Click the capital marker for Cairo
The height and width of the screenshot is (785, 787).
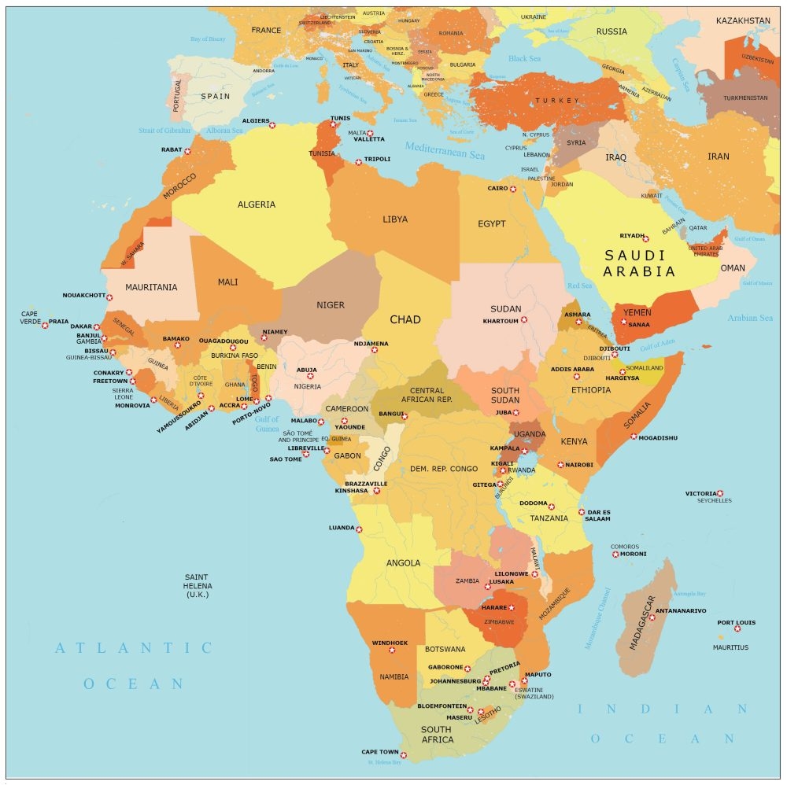[513, 189]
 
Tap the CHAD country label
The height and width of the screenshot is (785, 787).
[405, 320]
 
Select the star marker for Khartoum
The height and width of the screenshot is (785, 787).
[524, 320]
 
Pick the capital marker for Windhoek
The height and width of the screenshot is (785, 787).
[392, 650]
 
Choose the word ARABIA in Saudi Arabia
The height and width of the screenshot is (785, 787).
[639, 272]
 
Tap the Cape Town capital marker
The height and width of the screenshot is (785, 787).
[404, 755]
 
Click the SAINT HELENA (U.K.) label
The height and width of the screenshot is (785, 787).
[198, 586]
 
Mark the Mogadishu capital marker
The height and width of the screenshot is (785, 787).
[634, 436]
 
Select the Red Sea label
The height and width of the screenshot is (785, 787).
[579, 286]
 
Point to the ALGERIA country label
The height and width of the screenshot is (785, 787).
[257, 205]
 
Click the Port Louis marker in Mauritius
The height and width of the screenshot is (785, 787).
[737, 628]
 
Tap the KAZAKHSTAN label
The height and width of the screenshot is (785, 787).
[743, 20]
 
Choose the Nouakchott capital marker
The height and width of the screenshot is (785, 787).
[109, 297]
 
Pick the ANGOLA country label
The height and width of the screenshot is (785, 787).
[403, 563]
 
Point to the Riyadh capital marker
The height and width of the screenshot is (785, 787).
[645, 238]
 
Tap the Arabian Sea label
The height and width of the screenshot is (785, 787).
[750, 319]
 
